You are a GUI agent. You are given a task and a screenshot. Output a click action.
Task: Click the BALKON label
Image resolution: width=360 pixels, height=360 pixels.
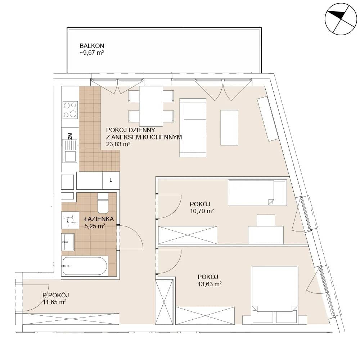[92, 46]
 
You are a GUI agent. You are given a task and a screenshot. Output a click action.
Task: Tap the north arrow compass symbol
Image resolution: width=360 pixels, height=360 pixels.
[341, 19]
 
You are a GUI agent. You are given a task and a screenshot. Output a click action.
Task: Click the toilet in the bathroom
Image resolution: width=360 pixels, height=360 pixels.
[103, 203]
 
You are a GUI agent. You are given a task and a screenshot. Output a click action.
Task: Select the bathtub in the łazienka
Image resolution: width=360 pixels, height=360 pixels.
[85, 266]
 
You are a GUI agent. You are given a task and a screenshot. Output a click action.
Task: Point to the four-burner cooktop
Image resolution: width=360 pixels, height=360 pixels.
[70, 110]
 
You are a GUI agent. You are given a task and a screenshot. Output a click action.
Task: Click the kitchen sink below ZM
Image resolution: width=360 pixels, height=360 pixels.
[70, 151]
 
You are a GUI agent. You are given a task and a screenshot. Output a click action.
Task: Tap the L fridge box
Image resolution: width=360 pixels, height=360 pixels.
[111, 180]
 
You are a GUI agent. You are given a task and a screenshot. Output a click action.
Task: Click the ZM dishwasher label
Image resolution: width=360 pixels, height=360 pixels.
[70, 136]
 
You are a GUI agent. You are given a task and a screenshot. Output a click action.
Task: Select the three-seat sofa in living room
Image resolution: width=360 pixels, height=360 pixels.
[193, 128]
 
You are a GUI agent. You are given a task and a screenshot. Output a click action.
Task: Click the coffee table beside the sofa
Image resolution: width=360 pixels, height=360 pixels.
[229, 127]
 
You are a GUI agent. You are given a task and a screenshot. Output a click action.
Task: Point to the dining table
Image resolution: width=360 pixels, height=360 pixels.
[151, 106]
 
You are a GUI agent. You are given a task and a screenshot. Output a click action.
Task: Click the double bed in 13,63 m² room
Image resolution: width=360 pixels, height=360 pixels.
[275, 295]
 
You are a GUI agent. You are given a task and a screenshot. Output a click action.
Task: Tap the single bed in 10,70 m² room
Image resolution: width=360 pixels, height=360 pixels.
[257, 192]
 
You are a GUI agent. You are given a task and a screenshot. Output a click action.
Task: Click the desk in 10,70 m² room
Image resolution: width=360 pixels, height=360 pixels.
[266, 235]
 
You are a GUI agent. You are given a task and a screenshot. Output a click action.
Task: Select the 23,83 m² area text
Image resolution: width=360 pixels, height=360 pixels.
[118, 144]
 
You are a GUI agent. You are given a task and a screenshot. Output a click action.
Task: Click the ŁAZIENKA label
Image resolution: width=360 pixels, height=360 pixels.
[99, 219]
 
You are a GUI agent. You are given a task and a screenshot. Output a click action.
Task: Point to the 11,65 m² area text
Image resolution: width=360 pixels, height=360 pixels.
[54, 302]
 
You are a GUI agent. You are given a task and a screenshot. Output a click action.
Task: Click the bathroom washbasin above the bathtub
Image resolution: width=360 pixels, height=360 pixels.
[68, 242]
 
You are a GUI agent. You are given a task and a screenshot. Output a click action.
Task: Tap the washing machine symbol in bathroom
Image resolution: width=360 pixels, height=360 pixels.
[70, 220]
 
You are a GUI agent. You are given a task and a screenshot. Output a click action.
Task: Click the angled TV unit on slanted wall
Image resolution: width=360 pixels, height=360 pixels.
[268, 119]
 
